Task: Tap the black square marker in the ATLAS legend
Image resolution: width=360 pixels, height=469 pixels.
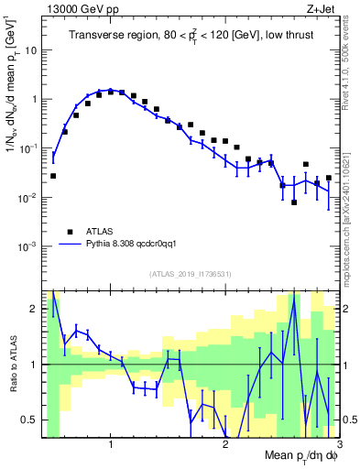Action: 68,232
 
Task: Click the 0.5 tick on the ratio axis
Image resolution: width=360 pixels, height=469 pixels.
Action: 33,420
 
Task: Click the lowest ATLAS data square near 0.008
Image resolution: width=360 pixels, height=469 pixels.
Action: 294,202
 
